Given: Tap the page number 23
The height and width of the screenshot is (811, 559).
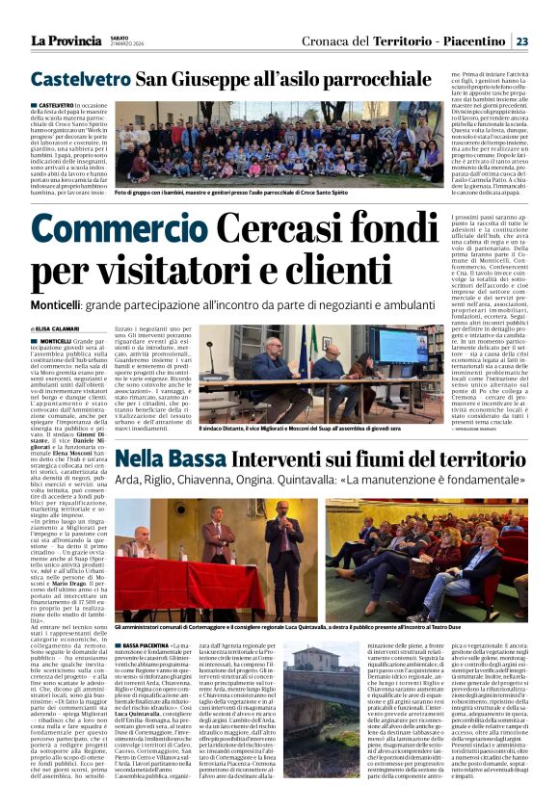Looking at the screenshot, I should coord(521,40).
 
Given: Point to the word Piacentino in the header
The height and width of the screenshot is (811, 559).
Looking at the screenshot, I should coord(468,40).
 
